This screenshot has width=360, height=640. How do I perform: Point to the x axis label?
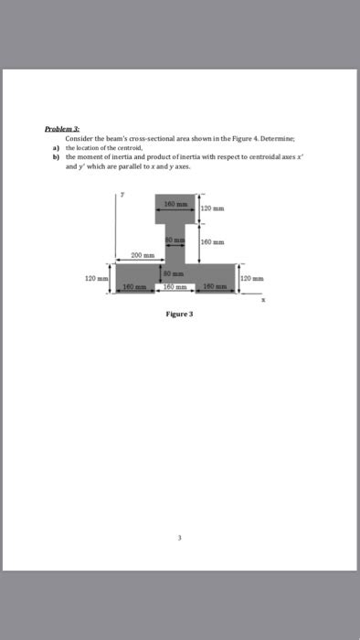[x=263, y=299]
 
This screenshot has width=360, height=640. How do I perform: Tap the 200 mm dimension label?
[x=141, y=255]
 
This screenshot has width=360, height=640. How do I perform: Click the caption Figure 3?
[x=179, y=312]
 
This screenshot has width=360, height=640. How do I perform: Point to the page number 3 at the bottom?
[x=179, y=537]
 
